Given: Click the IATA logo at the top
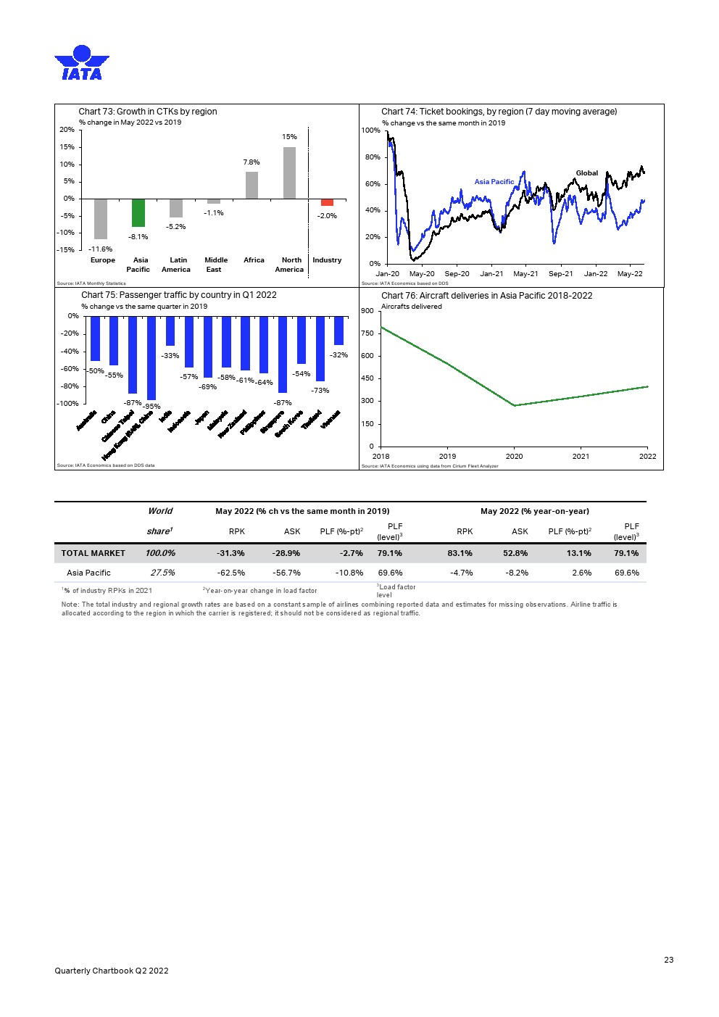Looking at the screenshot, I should click(82, 63).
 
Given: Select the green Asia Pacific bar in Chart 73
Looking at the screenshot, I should click(138, 212).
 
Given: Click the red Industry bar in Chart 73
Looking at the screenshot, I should click(327, 202).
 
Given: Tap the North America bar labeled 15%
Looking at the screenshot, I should click(289, 173).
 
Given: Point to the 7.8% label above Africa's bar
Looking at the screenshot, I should click(251, 162).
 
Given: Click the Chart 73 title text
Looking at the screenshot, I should click(148, 112).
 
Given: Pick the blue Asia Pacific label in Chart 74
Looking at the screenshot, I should click(494, 182).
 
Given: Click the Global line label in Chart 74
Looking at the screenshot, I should click(586, 173).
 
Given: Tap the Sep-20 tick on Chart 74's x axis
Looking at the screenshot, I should click(457, 274).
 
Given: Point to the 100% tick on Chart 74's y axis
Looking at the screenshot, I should click(370, 130).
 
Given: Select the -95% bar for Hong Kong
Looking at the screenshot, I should click(151, 358).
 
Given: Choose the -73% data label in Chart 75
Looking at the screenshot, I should click(320, 391).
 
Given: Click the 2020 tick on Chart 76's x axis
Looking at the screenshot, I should click(514, 456).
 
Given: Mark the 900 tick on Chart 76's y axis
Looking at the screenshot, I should click(367, 311).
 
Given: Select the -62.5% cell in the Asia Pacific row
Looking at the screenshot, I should click(231, 573).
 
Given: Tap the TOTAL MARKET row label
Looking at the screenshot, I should click(93, 553).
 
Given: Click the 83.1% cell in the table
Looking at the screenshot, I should click(460, 553).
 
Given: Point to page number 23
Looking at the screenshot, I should click(668, 960).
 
